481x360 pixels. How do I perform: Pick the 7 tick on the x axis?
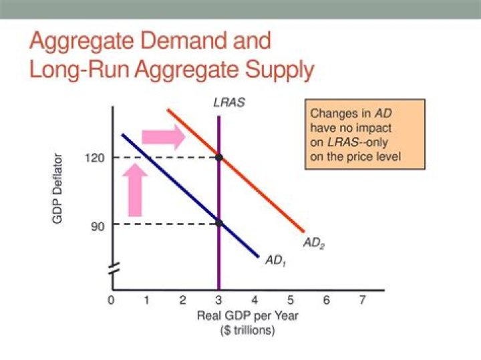[x=362, y=301]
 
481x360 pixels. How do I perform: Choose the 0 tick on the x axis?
[x=111, y=301]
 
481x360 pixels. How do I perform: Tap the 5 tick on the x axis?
[x=291, y=301]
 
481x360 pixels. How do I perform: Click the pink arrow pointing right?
[x=169, y=136]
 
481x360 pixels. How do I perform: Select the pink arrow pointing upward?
[x=135, y=191]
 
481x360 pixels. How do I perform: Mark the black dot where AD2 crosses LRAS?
[x=219, y=157]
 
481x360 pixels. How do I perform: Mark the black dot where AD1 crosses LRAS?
[x=219, y=222]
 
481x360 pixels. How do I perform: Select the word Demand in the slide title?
[x=178, y=41]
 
